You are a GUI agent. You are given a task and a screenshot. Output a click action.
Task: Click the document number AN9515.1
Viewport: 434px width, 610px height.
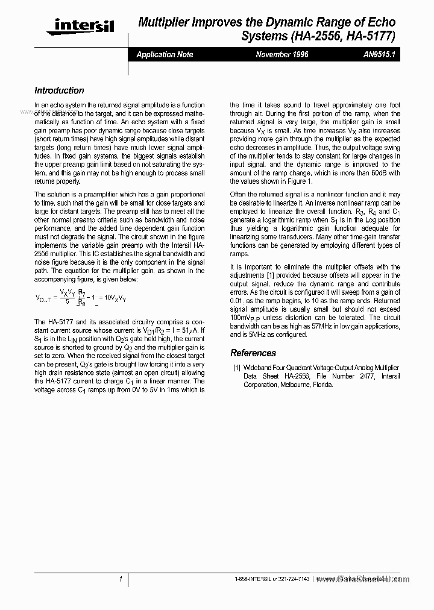pyautogui.click(x=379, y=54)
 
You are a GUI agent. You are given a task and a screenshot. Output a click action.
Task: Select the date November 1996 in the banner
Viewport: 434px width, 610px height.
pyautogui.click(x=282, y=54)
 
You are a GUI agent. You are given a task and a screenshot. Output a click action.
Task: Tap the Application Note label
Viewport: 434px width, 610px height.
pyautogui.click(x=165, y=54)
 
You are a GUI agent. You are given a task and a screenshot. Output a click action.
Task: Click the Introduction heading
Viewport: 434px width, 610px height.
pyautogui.click(x=59, y=90)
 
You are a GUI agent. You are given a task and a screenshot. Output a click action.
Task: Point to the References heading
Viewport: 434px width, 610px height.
pyautogui.click(x=253, y=353)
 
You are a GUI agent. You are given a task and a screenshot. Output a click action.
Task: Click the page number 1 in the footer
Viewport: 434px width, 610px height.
pyautogui.click(x=121, y=579)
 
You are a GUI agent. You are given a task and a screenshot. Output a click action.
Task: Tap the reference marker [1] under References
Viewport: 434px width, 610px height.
pyautogui.click(x=237, y=368)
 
